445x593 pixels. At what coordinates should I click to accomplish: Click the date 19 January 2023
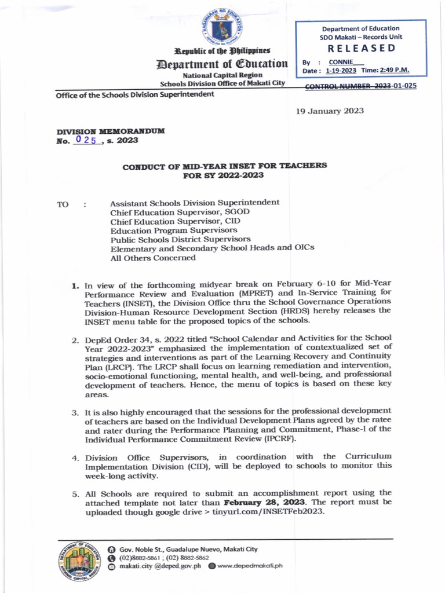330,111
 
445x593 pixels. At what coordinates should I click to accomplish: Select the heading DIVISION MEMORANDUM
110,131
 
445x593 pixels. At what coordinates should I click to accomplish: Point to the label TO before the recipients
63,204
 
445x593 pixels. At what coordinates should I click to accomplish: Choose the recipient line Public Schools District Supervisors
180,239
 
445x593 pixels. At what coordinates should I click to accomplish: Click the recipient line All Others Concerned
153,258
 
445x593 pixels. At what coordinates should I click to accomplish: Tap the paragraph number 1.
75,285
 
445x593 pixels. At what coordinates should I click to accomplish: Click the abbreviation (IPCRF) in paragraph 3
278,438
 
